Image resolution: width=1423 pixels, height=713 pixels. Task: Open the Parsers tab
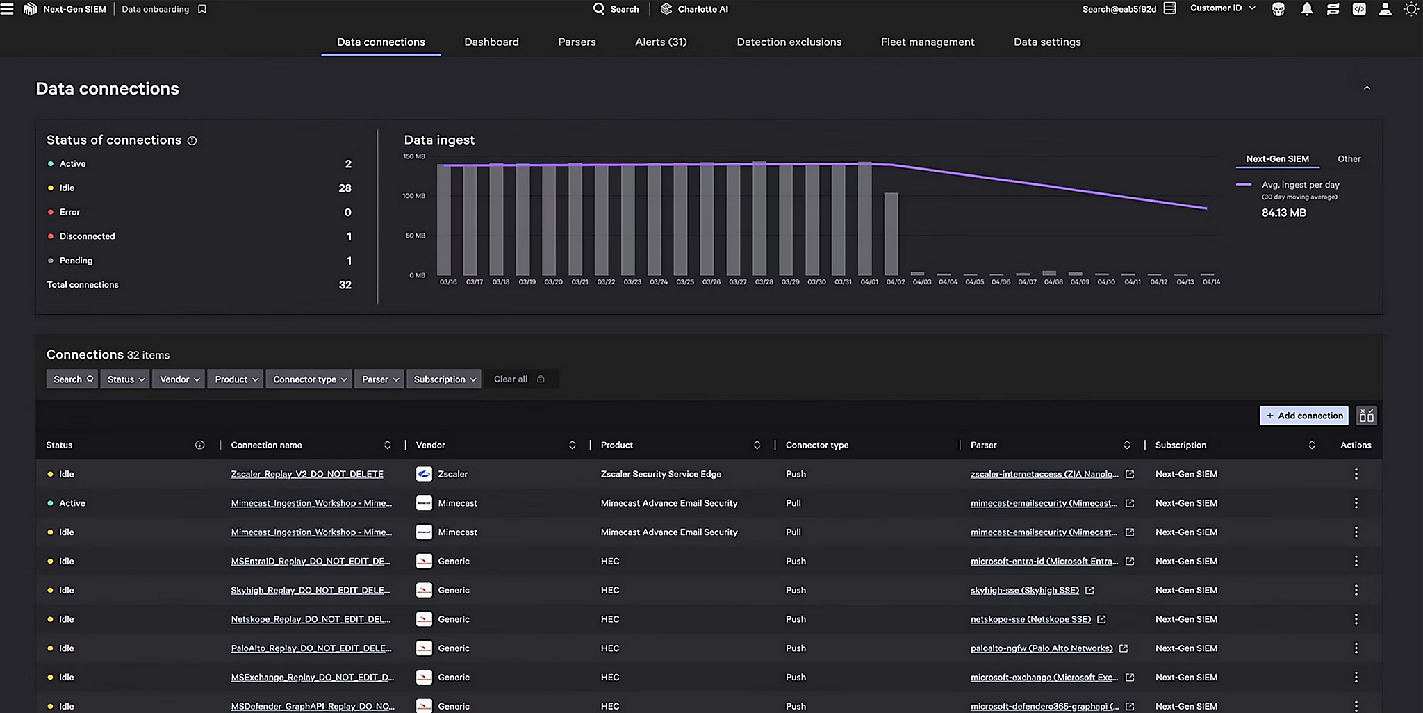pyautogui.click(x=577, y=42)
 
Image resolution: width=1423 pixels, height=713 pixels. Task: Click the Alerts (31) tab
pyautogui.click(x=661, y=42)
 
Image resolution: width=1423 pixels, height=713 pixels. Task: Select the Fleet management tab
pyautogui.click(x=927, y=42)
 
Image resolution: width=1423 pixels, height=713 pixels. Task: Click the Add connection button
pyautogui.click(x=1303, y=416)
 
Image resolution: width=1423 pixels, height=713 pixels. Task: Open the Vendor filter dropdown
pyautogui.click(x=179, y=379)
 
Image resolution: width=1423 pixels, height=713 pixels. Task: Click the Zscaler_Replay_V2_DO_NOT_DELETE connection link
pyautogui.click(x=307, y=474)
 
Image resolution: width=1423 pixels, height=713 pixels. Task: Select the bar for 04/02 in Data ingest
pyautogui.click(x=891, y=234)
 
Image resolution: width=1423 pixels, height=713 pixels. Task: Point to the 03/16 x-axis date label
pyautogui.click(x=448, y=282)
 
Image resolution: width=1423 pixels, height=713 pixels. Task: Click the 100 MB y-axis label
pyautogui.click(x=413, y=196)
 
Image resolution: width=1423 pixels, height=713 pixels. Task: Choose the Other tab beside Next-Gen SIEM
pyautogui.click(x=1349, y=159)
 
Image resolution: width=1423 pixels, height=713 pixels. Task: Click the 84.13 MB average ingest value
pyautogui.click(x=1283, y=213)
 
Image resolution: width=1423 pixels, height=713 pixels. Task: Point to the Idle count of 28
pyautogui.click(x=345, y=188)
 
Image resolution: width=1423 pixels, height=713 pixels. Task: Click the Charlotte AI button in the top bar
pyautogui.click(x=694, y=9)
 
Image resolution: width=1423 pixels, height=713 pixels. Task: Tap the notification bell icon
pyautogui.click(x=1306, y=9)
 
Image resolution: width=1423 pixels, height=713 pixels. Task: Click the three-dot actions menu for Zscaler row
pyautogui.click(x=1356, y=474)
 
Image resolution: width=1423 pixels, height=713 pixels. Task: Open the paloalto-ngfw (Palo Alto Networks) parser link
pyautogui.click(x=1041, y=648)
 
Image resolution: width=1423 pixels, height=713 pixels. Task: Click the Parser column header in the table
pyautogui.click(x=983, y=445)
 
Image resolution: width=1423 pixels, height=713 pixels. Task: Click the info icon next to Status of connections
pyautogui.click(x=192, y=140)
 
